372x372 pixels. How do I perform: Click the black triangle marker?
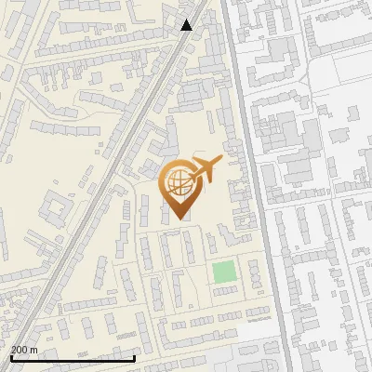coord(186,25)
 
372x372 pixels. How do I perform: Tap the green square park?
coord(223,272)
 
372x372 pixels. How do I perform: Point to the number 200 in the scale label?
coord(20,350)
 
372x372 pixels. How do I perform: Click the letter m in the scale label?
coord(34,350)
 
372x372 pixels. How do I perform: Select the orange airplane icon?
coord(204,169)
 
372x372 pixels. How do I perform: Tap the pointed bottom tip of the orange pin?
coord(179,218)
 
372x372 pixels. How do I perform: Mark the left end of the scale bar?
coord(10,358)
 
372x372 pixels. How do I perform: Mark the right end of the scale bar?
coord(135,358)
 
